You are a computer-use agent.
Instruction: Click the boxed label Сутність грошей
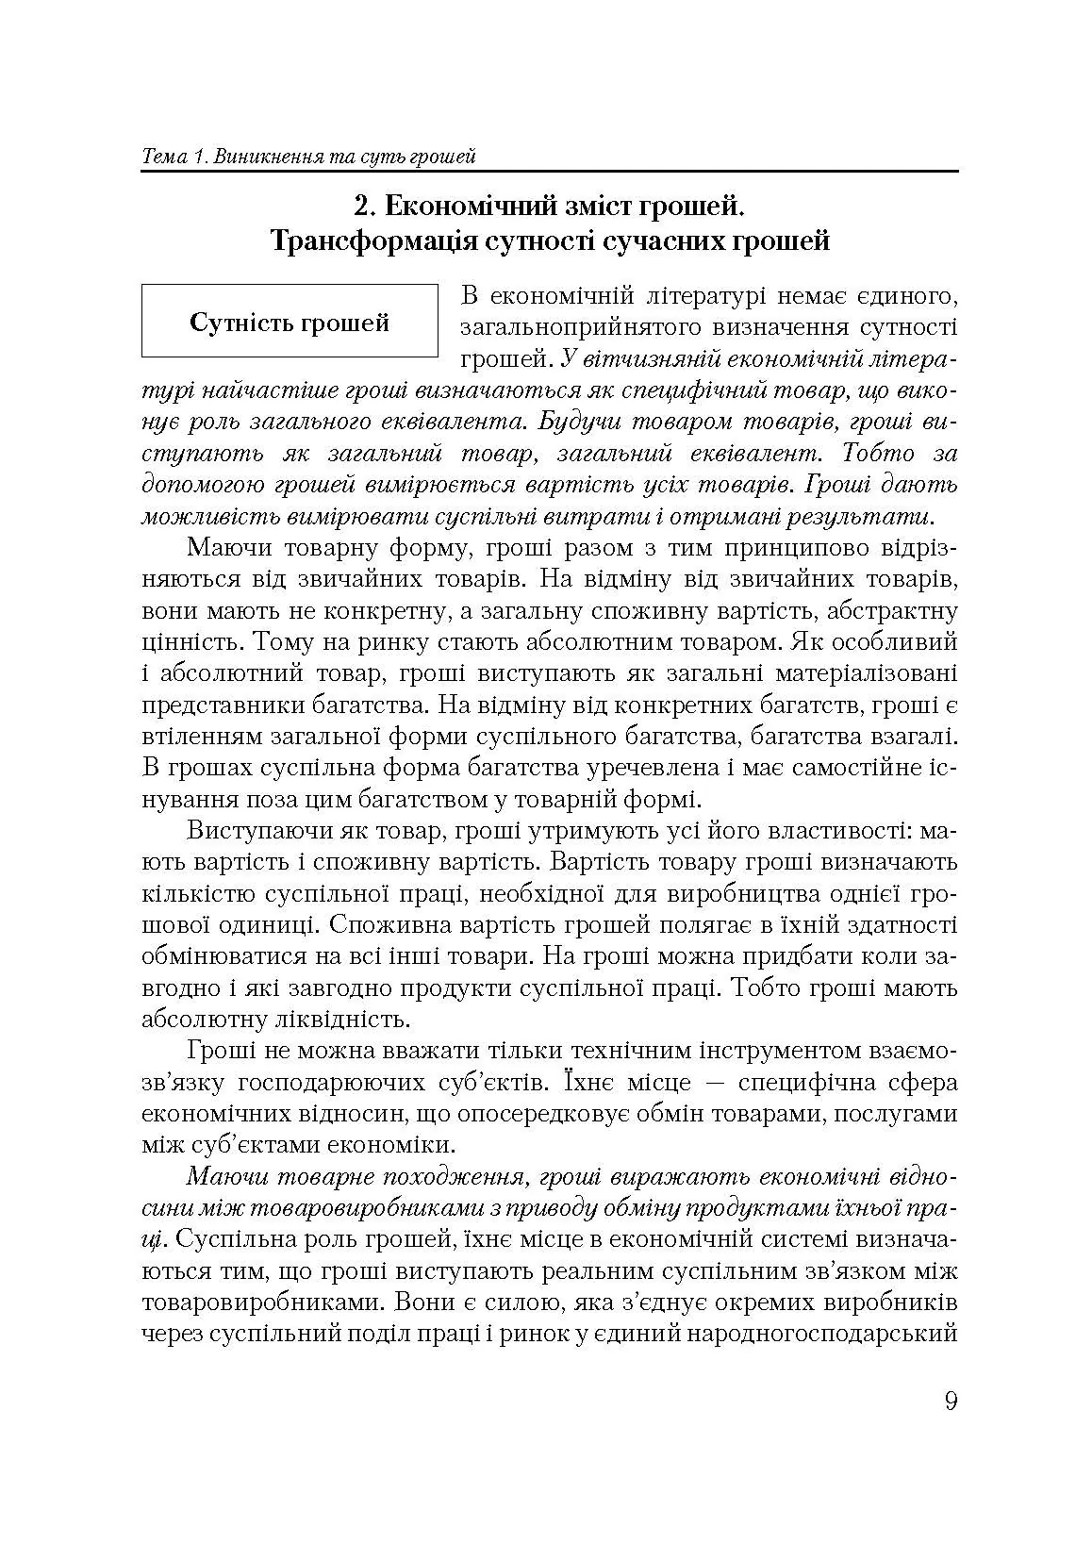(x=290, y=323)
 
